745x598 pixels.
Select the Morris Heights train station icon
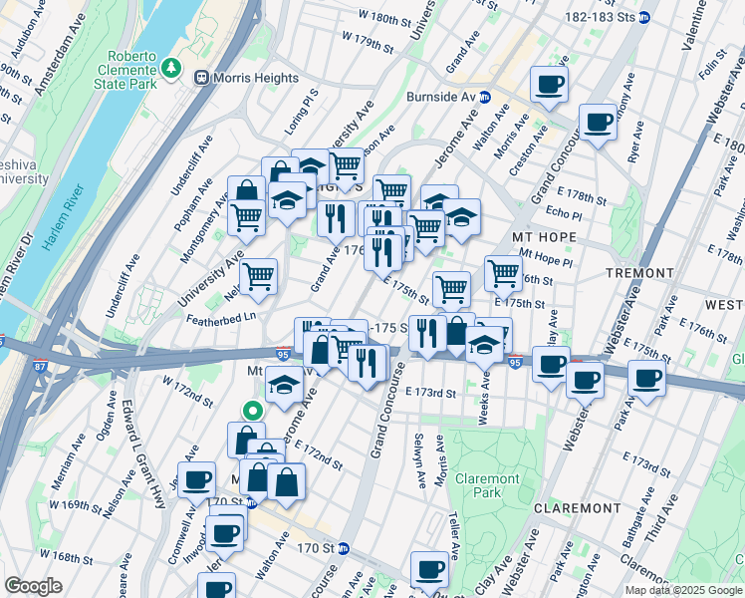202,78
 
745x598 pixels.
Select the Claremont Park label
487,485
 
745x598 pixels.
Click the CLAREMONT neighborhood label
577,507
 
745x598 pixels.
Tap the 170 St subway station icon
344,548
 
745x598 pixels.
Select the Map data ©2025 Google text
684,590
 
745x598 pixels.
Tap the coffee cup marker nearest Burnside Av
548,85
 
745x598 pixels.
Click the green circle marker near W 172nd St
253,409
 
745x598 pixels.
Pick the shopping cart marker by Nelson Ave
258,276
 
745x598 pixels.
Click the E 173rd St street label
430,394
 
